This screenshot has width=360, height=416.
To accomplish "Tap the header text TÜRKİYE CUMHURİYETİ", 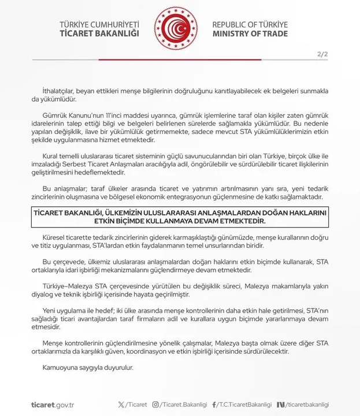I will pos(99,25).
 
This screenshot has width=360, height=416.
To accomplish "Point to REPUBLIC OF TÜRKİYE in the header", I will pos(250,25).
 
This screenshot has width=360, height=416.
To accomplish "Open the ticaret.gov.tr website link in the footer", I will pos(53,404).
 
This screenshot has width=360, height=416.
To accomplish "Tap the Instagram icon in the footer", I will pos(155,404).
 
